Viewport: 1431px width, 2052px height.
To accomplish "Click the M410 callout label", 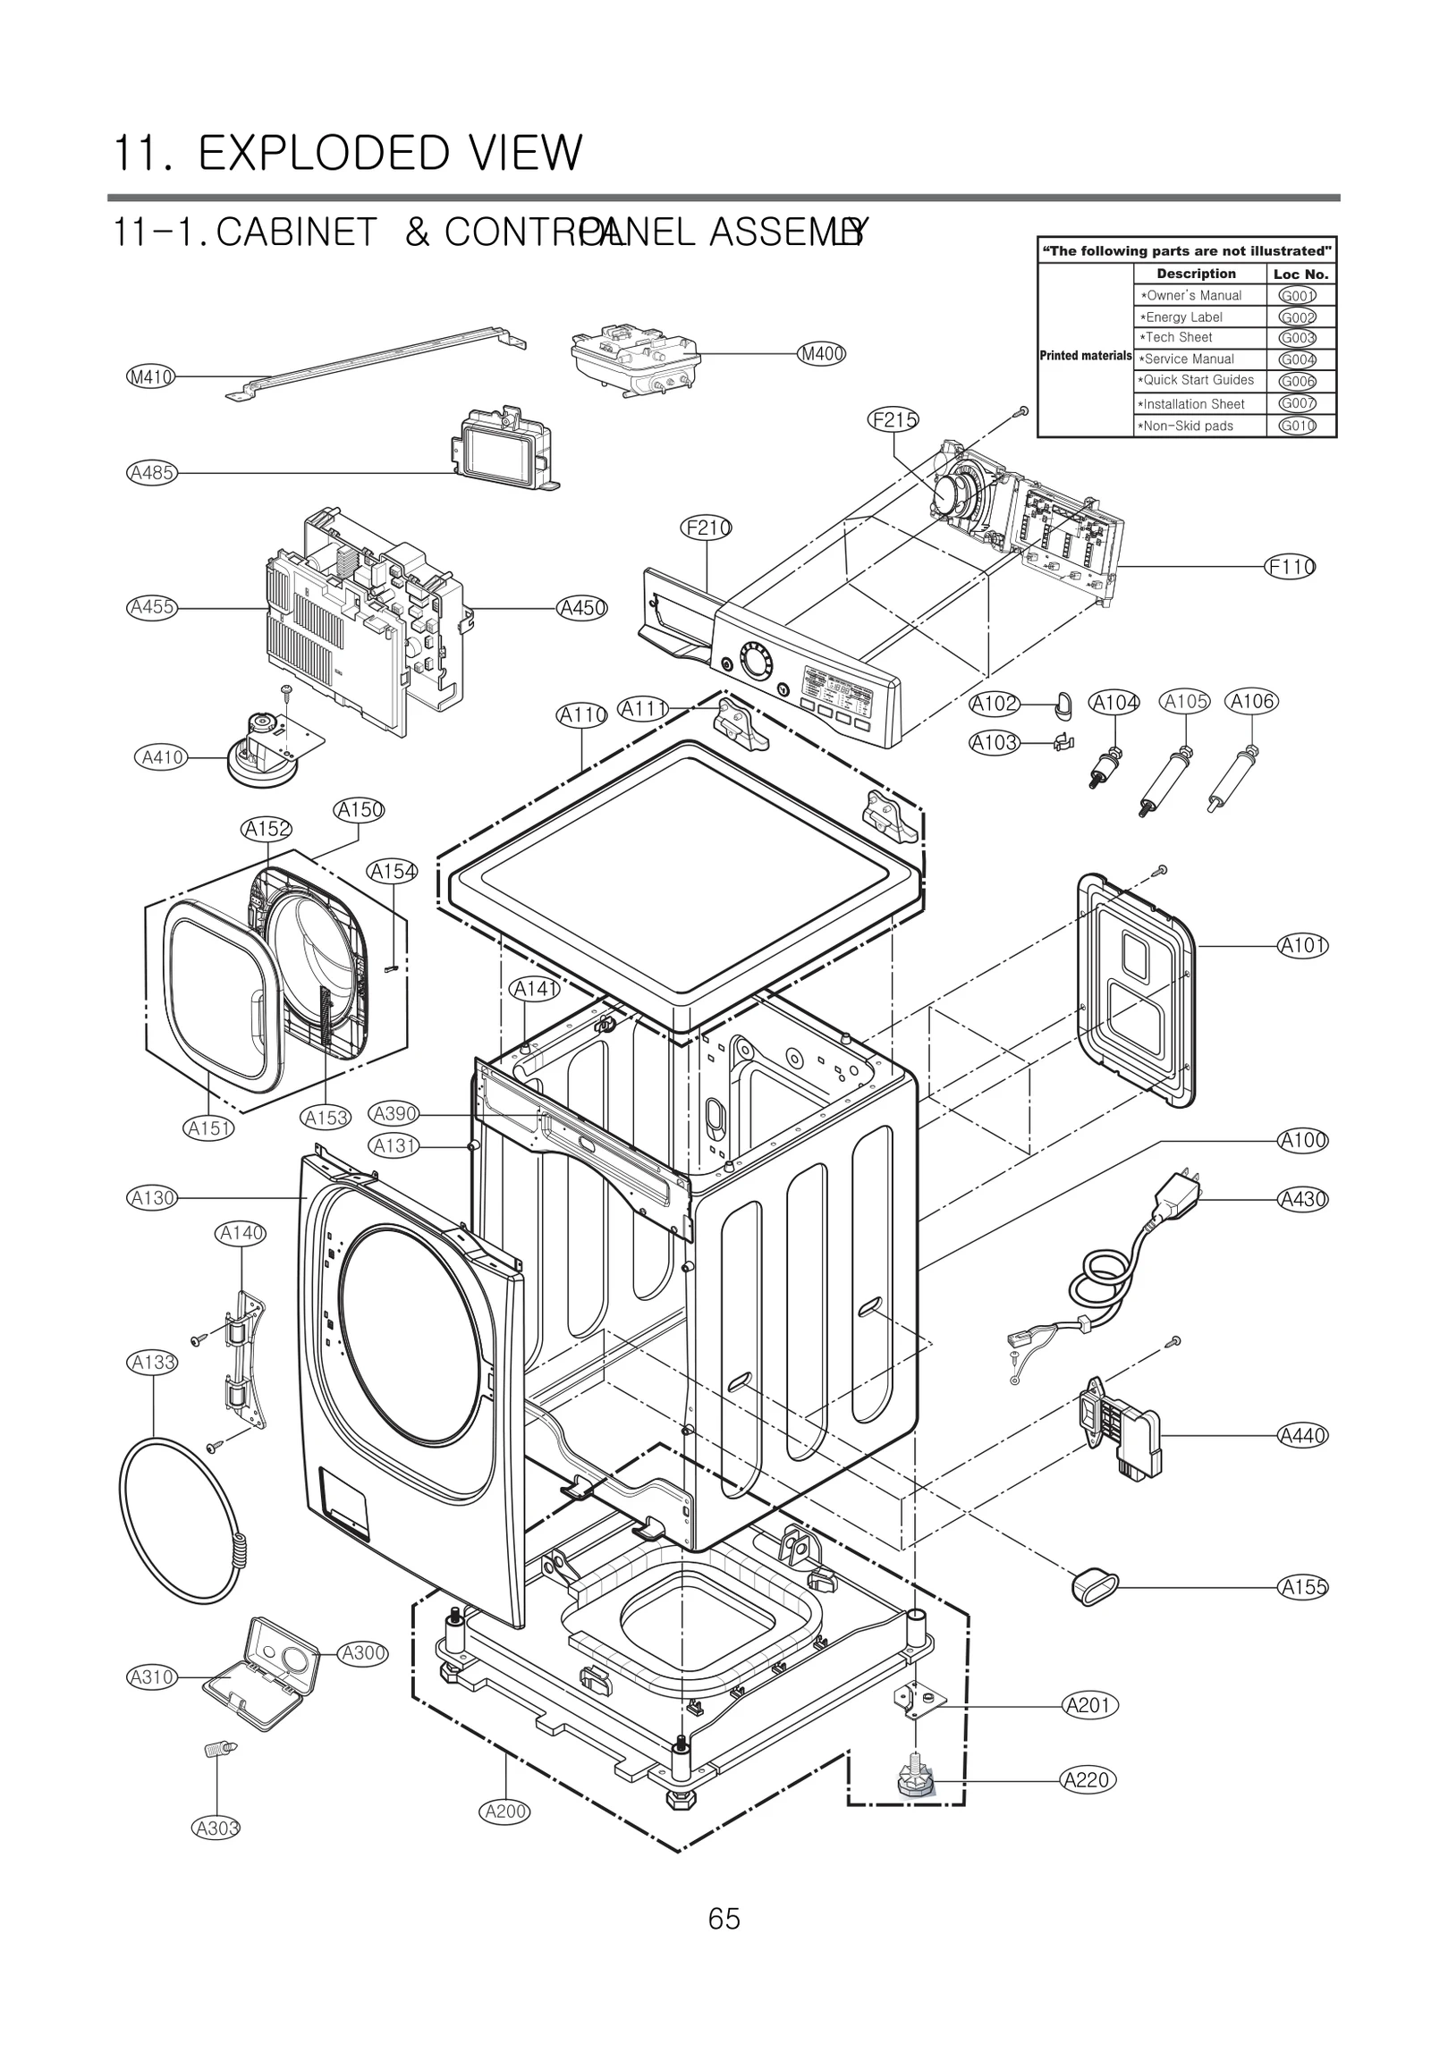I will (x=150, y=376).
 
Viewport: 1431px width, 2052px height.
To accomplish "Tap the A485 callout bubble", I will (x=151, y=473).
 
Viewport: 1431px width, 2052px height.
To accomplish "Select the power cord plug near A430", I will (x=1176, y=1195).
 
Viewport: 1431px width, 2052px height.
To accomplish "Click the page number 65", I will (x=724, y=1919).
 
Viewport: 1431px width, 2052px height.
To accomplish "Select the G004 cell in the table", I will (x=1296, y=359).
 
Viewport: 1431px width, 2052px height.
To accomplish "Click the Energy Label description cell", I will (x=1198, y=317).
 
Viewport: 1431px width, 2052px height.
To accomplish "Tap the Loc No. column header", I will (x=1300, y=274).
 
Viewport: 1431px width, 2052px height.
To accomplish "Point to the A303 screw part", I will (x=218, y=1748).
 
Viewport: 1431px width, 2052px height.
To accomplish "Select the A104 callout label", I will (x=1114, y=703).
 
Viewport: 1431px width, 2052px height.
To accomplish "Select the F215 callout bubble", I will (x=893, y=419).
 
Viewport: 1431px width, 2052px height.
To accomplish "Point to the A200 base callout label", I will (x=505, y=1811).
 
